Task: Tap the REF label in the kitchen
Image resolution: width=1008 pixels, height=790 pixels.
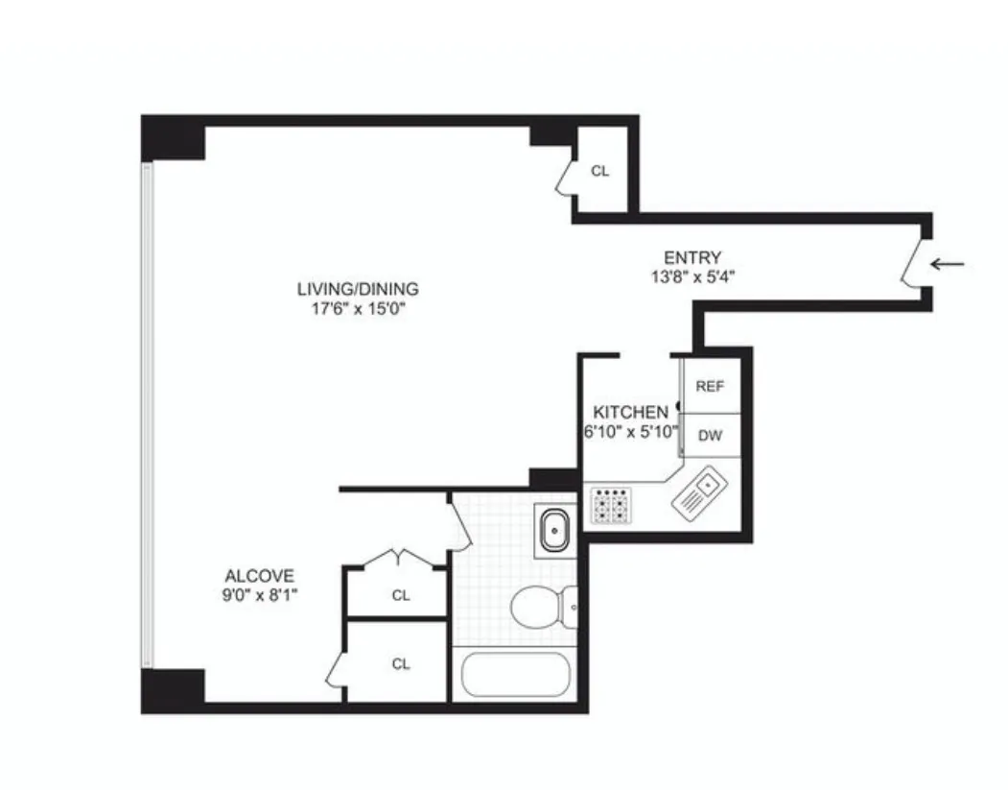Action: (x=710, y=386)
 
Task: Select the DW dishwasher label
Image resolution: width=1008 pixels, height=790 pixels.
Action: (x=710, y=435)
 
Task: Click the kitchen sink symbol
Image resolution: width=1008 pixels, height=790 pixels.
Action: (x=701, y=492)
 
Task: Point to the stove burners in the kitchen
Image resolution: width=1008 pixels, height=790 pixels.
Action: (x=611, y=505)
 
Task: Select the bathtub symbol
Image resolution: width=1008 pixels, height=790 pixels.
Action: (x=515, y=674)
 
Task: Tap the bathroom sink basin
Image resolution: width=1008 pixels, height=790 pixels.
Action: (x=554, y=530)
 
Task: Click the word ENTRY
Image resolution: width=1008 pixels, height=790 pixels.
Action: (x=692, y=257)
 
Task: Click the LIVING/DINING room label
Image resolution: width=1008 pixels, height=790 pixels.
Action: (x=358, y=288)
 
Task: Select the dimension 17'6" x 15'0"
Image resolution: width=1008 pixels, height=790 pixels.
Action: (x=358, y=309)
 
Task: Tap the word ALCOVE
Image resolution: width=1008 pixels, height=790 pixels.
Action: (x=259, y=576)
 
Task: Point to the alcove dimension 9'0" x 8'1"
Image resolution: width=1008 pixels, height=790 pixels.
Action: (x=259, y=595)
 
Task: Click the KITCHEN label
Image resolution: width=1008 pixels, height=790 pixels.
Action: (x=630, y=411)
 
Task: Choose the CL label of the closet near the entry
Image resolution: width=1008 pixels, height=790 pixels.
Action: (x=600, y=171)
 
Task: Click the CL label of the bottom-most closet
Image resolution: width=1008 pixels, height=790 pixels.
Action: (x=401, y=663)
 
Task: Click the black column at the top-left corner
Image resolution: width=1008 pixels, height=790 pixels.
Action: (x=173, y=137)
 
